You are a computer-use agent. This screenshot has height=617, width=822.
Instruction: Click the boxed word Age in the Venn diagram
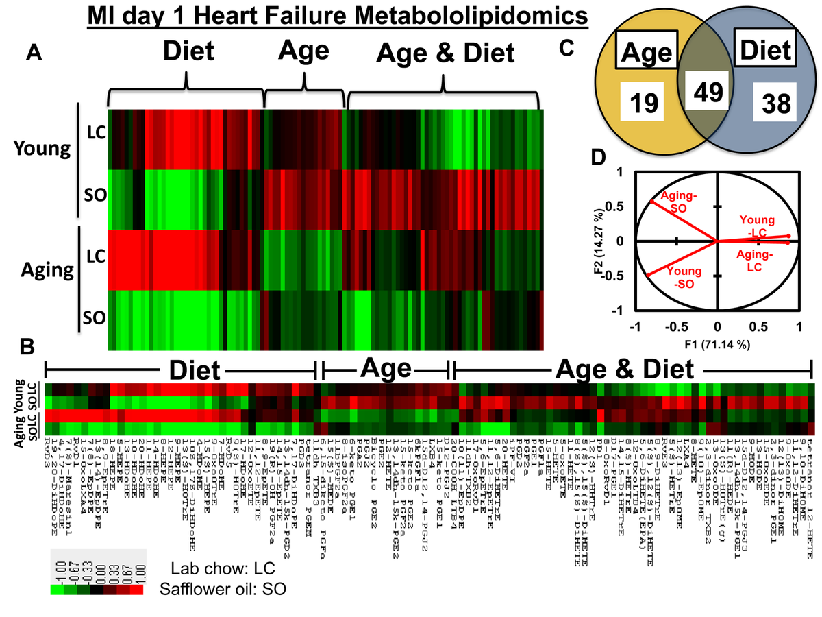click(x=643, y=52)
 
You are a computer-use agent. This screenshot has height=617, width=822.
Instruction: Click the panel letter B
click(x=28, y=348)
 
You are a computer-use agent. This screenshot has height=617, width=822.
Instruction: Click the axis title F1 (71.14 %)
click(x=717, y=343)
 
